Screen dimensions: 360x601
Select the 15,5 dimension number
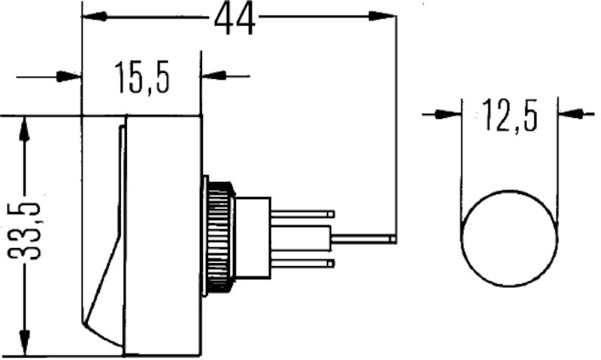[142, 77]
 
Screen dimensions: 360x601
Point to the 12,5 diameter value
[510, 116]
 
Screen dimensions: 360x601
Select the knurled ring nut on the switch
[219, 237]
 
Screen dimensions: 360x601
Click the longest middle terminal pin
[361, 239]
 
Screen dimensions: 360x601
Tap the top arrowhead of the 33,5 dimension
[25, 129]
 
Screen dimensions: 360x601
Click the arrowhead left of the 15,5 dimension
[69, 76]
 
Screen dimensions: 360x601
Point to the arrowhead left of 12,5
[450, 114]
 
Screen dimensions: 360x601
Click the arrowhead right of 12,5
[569, 114]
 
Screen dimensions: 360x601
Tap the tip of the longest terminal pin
[394, 239]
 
